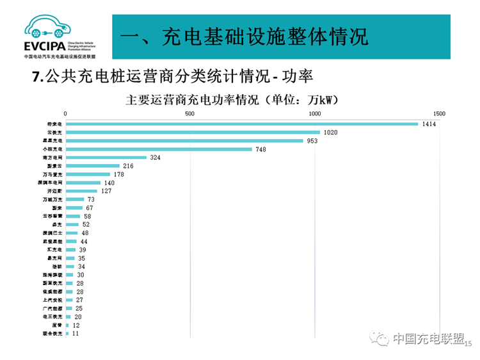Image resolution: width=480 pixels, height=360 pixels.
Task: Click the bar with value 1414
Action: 242,124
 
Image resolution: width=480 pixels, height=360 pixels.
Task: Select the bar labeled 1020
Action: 193,132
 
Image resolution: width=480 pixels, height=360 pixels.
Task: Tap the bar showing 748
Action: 159,149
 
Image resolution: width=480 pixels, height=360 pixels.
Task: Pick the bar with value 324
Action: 106,158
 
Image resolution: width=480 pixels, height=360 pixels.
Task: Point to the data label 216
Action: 128,166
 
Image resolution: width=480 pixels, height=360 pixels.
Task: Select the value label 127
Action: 106,191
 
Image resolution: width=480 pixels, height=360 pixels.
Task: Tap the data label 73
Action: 91,200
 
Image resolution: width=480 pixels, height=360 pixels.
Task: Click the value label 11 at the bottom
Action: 76,334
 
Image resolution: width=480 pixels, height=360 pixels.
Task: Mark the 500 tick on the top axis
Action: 189,113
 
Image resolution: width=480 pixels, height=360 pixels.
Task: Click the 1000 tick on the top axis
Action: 314,113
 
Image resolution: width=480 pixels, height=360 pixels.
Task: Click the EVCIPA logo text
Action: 44,46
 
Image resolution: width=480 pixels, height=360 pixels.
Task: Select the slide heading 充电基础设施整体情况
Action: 244,36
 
